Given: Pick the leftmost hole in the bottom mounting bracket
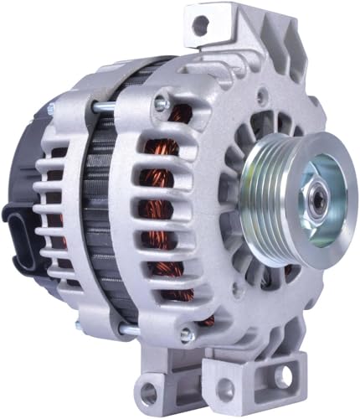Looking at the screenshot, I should [148, 391].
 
